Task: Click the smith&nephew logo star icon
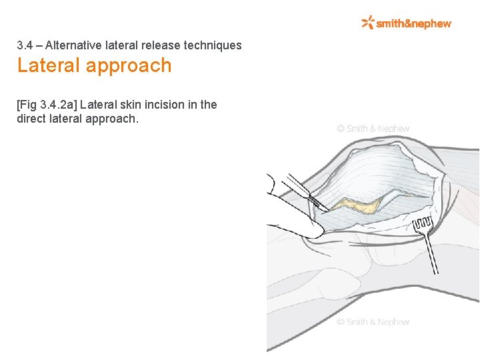367,23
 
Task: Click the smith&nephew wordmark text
413,23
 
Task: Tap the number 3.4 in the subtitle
25,45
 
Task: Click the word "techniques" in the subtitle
215,45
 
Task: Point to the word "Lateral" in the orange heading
46,65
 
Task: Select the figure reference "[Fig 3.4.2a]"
46,105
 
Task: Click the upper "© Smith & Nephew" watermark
373,128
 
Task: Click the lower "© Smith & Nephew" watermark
373,322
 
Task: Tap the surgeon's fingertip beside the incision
313,230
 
